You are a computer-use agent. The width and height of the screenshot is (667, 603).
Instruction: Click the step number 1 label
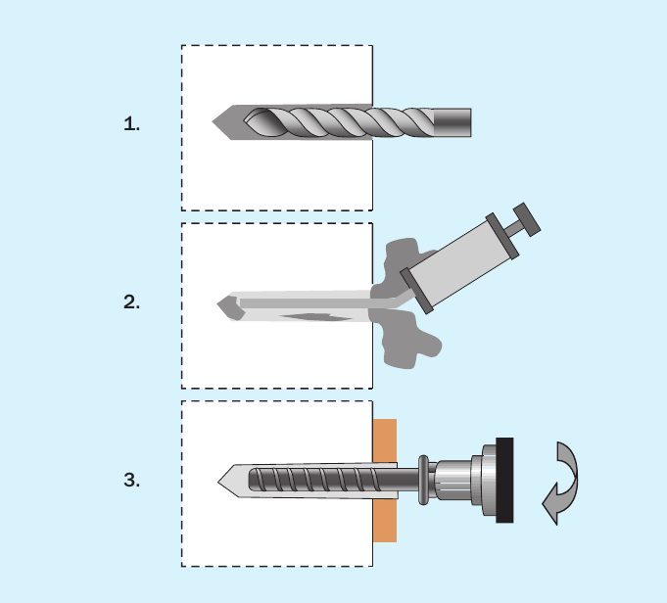[131, 124]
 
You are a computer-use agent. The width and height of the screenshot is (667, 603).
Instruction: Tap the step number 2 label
[131, 301]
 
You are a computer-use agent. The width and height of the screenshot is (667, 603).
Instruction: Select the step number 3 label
[131, 480]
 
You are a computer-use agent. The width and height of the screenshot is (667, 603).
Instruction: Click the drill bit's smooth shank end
[453, 122]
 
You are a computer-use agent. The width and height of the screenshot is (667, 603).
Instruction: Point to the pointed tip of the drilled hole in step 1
[213, 121]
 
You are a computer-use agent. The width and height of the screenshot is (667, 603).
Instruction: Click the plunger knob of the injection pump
[527, 219]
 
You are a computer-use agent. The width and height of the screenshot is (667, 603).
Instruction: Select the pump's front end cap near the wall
[417, 292]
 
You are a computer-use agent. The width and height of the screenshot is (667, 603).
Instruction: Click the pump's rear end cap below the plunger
[502, 236]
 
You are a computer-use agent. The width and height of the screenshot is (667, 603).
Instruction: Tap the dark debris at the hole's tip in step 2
[230, 308]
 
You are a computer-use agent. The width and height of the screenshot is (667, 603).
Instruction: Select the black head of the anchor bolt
[504, 480]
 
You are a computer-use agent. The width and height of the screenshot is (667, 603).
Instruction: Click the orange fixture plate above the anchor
[385, 441]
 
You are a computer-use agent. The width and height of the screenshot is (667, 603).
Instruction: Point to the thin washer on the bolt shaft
[423, 480]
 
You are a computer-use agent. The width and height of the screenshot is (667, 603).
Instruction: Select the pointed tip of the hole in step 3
[218, 482]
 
